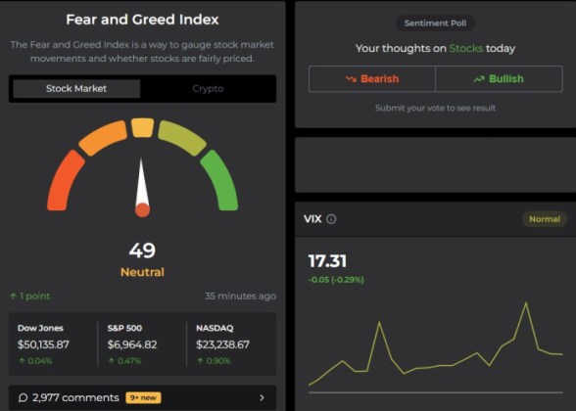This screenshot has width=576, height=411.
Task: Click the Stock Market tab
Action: pos(76,89)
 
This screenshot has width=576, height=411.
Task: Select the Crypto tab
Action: pos(208,89)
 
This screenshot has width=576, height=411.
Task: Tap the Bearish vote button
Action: pos(371,79)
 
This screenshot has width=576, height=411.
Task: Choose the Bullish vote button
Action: pos(499,79)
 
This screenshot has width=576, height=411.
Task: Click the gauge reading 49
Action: pos(142,250)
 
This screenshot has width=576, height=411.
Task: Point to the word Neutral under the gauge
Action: pos(142,272)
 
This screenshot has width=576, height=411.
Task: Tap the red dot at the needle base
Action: pos(142,209)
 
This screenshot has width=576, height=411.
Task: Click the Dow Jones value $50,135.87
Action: pos(44,344)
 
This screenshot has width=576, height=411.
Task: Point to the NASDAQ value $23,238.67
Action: pos(223,344)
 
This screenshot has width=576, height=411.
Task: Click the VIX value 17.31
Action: pos(327,261)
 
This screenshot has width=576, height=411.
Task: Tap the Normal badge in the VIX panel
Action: pos(544,219)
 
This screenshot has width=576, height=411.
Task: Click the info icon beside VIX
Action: pos(331,219)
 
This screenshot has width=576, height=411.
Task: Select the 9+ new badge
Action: pos(143,397)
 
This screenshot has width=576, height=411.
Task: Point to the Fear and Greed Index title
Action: pos(142,20)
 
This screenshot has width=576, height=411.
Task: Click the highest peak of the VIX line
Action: pos(526,303)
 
